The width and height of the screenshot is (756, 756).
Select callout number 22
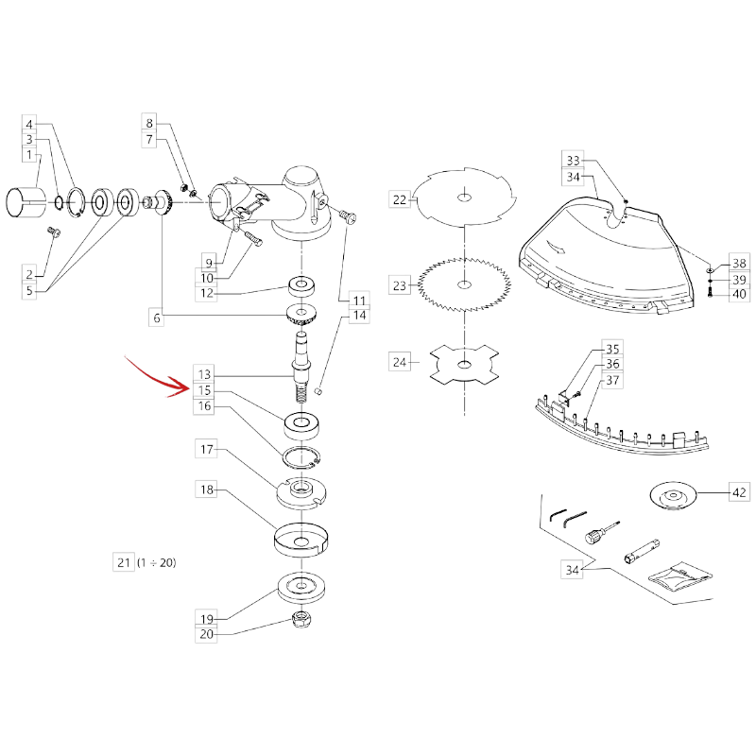(x=400, y=199)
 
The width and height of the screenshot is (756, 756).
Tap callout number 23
(x=400, y=285)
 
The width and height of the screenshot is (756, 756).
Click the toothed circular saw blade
(x=464, y=284)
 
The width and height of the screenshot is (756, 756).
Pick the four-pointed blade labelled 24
(x=464, y=365)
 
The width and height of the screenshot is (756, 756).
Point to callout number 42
(x=739, y=492)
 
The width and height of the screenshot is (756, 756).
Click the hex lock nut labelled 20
(x=302, y=619)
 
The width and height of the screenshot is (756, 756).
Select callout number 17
(x=206, y=450)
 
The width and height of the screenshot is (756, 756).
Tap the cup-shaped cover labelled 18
(x=301, y=540)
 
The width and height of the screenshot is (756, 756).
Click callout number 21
(x=124, y=562)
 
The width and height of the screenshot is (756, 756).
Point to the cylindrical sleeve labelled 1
(x=26, y=203)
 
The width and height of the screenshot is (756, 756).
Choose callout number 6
(x=157, y=318)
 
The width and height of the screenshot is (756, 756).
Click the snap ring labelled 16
(x=301, y=457)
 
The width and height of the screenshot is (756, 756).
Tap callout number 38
(x=739, y=264)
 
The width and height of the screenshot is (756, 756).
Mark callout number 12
(x=207, y=293)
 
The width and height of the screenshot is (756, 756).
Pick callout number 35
(x=612, y=349)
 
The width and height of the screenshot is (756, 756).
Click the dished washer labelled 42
(x=674, y=497)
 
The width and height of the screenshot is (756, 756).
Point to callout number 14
(x=360, y=316)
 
